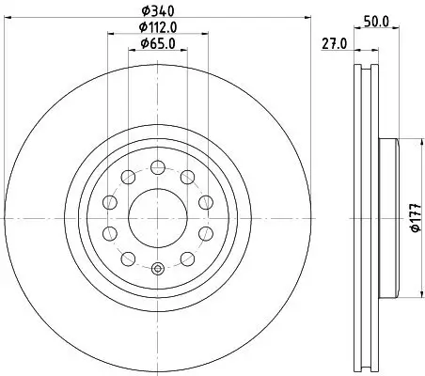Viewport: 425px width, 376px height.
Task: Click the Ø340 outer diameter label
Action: (x=157, y=10)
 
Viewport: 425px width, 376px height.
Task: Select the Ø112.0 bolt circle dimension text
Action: (x=157, y=26)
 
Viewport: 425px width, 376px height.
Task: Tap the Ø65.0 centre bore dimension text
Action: (x=157, y=42)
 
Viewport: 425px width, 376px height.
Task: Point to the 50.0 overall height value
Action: (x=376, y=20)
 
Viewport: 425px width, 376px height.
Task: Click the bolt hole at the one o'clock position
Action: (x=187, y=176)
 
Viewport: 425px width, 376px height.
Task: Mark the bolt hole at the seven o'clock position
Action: (x=111, y=232)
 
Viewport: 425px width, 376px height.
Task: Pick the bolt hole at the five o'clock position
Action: (x=203, y=232)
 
